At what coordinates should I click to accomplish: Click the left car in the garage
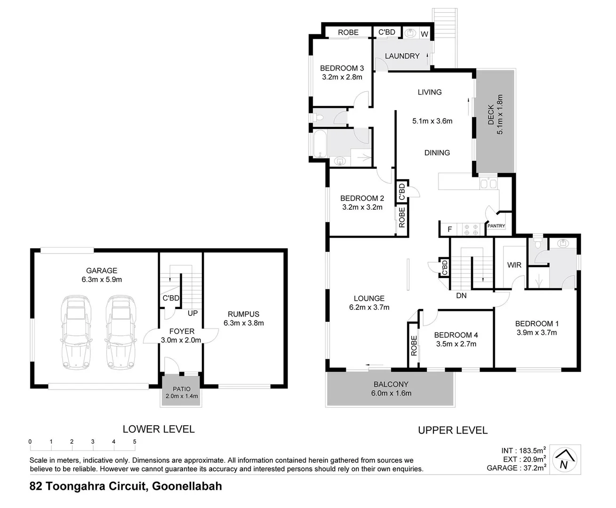coord(75,331)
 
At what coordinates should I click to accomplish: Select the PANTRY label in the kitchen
coord(496,226)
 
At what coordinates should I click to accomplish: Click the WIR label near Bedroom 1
coord(514,265)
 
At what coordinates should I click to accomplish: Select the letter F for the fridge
coord(450,230)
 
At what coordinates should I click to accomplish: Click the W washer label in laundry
coord(424,34)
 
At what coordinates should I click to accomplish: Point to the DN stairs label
coord(461,295)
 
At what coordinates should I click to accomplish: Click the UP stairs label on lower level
coord(193,313)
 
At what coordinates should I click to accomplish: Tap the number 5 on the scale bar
coord(135,442)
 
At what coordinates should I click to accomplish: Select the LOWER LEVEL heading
coord(159,429)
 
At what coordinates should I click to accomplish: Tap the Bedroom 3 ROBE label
coord(348,32)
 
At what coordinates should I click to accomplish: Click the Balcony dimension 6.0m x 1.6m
coord(391,393)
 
